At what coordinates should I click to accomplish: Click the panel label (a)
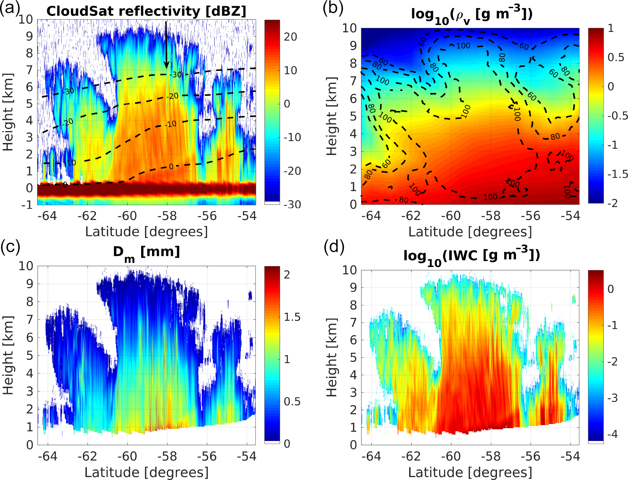pyautogui.click(x=9, y=8)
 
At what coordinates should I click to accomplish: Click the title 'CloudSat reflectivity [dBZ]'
pyautogui.click(x=146, y=11)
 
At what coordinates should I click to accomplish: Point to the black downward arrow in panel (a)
pyautogui.click(x=166, y=44)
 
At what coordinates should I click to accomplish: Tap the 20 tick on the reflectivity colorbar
pyautogui.click(x=290, y=37)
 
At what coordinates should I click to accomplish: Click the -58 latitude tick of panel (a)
pyautogui.click(x=167, y=216)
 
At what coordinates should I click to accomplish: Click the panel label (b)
pyautogui.click(x=333, y=8)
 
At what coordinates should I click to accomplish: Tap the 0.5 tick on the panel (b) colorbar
pyautogui.click(x=616, y=57)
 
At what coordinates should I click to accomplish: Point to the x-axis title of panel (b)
pyautogui.click(x=470, y=232)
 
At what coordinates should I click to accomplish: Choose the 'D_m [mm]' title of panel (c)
pyautogui.click(x=146, y=253)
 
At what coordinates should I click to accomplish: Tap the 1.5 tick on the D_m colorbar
pyautogui.click(x=292, y=317)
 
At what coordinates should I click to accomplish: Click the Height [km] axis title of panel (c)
pyautogui.click(x=8, y=355)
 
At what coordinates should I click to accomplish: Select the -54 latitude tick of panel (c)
pyautogui.click(x=247, y=457)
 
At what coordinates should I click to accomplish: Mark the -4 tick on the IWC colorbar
pyautogui.click(x=612, y=434)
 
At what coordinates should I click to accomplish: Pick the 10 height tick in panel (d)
pyautogui.click(x=349, y=270)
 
